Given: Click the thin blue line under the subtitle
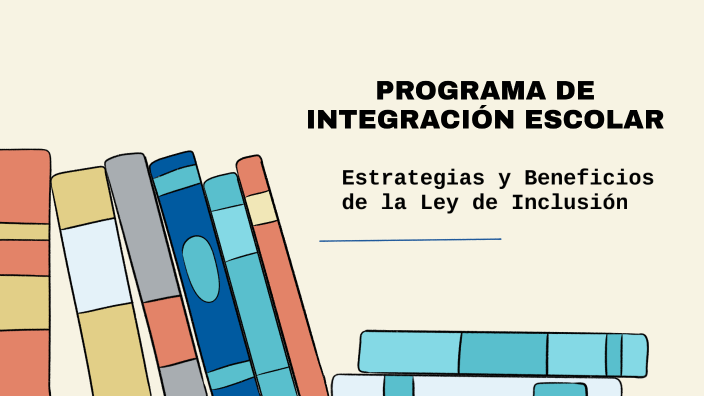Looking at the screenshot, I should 410,240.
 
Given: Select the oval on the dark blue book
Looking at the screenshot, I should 201,268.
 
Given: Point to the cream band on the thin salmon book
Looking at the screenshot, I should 261,208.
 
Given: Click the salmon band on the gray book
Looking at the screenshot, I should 169,330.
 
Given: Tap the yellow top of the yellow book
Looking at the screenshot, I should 83,197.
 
